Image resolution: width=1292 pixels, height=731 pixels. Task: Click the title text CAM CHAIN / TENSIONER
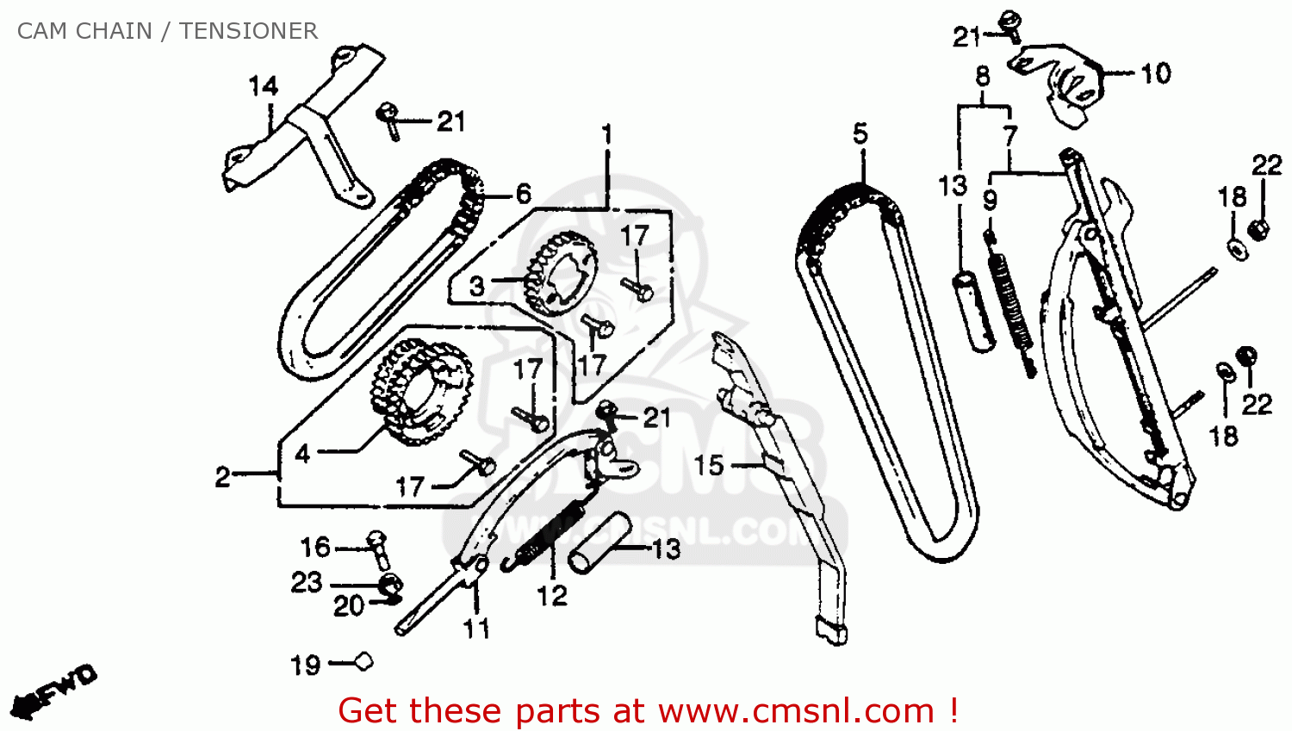(167, 31)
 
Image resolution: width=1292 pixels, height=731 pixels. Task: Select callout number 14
(264, 86)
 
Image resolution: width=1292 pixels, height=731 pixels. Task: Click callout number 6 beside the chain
(523, 195)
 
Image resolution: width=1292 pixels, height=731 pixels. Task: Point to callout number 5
(860, 133)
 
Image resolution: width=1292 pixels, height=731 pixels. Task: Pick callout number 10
(1156, 74)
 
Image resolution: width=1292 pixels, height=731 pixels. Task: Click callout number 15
(709, 465)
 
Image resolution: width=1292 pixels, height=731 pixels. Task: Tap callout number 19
(305, 666)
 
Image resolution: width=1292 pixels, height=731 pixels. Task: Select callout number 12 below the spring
(552, 596)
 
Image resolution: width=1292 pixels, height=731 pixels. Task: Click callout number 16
(315, 547)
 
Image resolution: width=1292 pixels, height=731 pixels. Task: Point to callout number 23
(307, 582)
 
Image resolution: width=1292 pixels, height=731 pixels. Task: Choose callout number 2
(222, 477)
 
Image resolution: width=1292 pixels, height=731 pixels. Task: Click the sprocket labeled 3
(560, 273)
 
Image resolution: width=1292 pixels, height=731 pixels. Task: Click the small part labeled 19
(364, 661)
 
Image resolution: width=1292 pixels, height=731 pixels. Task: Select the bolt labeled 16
(379, 550)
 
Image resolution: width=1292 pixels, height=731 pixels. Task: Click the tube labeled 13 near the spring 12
(599, 542)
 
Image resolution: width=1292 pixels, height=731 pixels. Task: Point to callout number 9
(990, 200)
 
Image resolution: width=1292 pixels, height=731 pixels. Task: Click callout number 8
(983, 77)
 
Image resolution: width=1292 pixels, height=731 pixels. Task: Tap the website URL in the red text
(797, 711)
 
